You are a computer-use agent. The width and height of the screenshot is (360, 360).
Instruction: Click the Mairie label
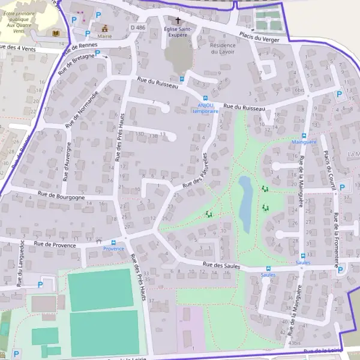point(105,36)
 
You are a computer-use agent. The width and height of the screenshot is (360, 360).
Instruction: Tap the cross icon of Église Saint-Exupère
point(178,20)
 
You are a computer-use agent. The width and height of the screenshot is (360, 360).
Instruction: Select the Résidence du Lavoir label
point(223,49)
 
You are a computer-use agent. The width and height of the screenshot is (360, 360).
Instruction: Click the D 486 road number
point(138,28)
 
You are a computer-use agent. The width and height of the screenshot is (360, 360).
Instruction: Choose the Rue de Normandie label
point(85,105)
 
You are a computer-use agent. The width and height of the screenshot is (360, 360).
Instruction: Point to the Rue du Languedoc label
point(20,263)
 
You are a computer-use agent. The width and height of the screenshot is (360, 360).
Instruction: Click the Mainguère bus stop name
point(303,143)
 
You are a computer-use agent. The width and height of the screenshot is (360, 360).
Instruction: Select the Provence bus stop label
point(113,249)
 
